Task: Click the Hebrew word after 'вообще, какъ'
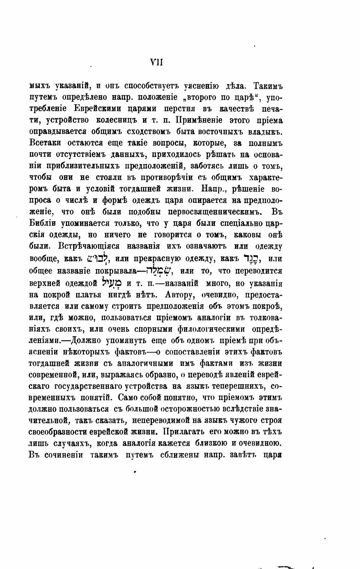98,258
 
